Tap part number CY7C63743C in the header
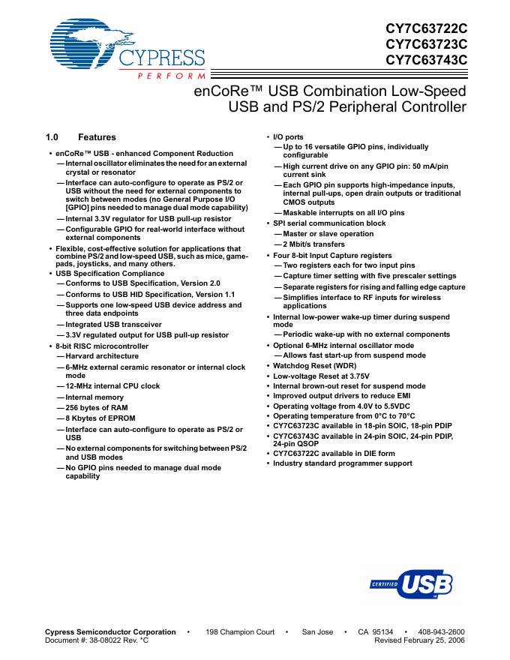click(426, 61)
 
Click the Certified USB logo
click(412, 583)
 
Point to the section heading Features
click(97, 137)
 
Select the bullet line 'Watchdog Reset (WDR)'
click(315, 366)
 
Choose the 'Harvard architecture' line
click(102, 355)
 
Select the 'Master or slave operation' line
click(328, 234)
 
